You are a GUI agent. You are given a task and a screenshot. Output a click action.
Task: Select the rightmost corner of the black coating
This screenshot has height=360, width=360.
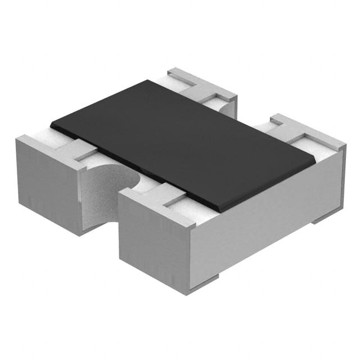(x=315, y=164)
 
